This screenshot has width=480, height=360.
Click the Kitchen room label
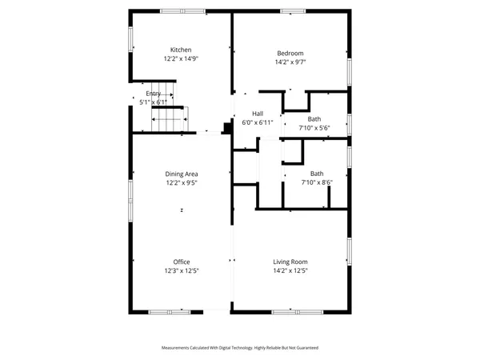point(181,50)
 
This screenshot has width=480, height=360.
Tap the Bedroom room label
point(290,53)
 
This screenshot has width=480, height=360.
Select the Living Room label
point(290,262)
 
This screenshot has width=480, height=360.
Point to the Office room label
point(182,262)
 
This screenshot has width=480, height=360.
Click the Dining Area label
point(182,174)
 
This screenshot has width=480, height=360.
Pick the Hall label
point(258,114)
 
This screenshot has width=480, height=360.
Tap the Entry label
point(153,94)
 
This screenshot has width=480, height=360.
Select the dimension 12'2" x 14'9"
point(181,58)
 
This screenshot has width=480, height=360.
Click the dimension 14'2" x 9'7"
point(290,62)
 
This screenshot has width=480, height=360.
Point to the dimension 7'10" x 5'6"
point(314,127)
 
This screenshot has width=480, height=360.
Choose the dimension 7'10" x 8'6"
point(317,182)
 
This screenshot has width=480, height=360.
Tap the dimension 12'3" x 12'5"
point(182,270)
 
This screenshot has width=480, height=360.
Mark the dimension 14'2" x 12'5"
point(290,270)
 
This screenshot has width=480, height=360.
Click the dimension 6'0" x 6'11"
point(258,122)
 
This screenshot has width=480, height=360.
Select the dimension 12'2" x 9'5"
point(182,182)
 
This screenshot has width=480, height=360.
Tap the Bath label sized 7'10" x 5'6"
point(314,118)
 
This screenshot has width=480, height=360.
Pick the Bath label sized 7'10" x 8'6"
point(317,174)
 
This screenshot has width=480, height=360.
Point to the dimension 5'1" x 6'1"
point(153,102)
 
